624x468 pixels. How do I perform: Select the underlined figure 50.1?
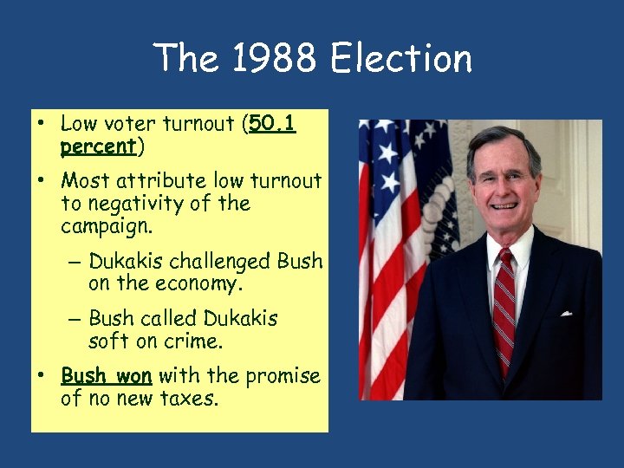click(x=272, y=125)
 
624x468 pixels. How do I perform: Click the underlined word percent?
click(x=98, y=147)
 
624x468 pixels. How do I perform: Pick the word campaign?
click(x=105, y=227)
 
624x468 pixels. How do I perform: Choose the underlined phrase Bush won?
click(x=107, y=376)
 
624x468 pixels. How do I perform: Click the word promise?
click(x=283, y=376)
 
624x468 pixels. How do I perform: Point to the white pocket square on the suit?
click(x=566, y=312)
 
